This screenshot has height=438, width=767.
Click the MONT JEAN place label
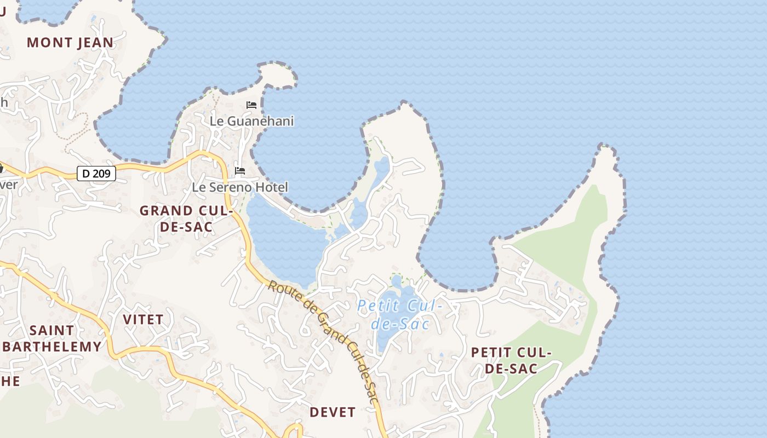(70, 42)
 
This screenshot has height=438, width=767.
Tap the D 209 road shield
(96, 174)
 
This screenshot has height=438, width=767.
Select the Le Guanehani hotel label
(252, 121)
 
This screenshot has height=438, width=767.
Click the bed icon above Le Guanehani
(251, 105)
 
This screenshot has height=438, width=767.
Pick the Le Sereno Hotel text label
(239, 187)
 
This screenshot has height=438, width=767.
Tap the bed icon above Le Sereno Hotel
(240, 171)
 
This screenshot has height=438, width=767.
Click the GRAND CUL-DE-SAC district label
(186, 218)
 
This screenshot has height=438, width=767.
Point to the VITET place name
(143, 319)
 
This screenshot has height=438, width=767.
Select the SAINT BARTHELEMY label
(52, 338)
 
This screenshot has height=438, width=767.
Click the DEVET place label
(333, 412)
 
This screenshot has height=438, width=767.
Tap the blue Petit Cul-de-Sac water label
(400, 314)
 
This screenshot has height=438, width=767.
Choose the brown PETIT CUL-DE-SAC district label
(511, 360)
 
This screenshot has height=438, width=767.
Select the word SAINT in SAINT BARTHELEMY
(51, 330)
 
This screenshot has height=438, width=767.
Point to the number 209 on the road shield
(102, 174)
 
